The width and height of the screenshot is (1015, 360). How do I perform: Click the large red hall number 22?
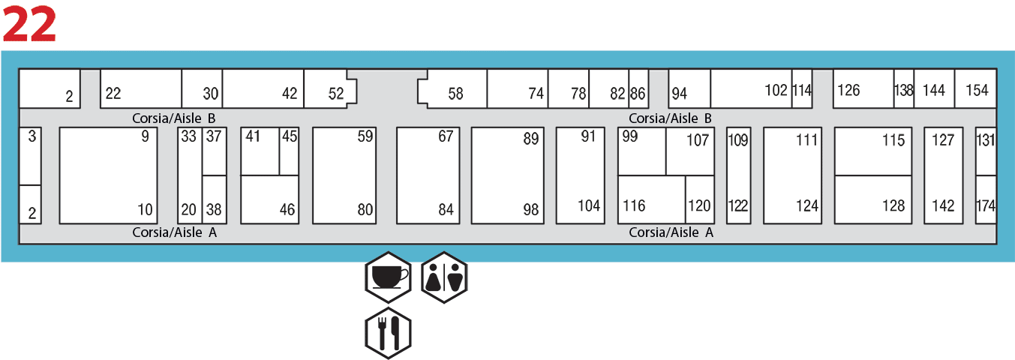pyautogui.click(x=29, y=23)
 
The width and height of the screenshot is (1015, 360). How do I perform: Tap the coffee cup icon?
pyautogui.click(x=389, y=277)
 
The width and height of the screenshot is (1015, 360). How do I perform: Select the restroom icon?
pyautogui.click(x=444, y=277)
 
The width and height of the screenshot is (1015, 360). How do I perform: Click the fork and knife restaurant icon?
pyautogui.click(x=389, y=333)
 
